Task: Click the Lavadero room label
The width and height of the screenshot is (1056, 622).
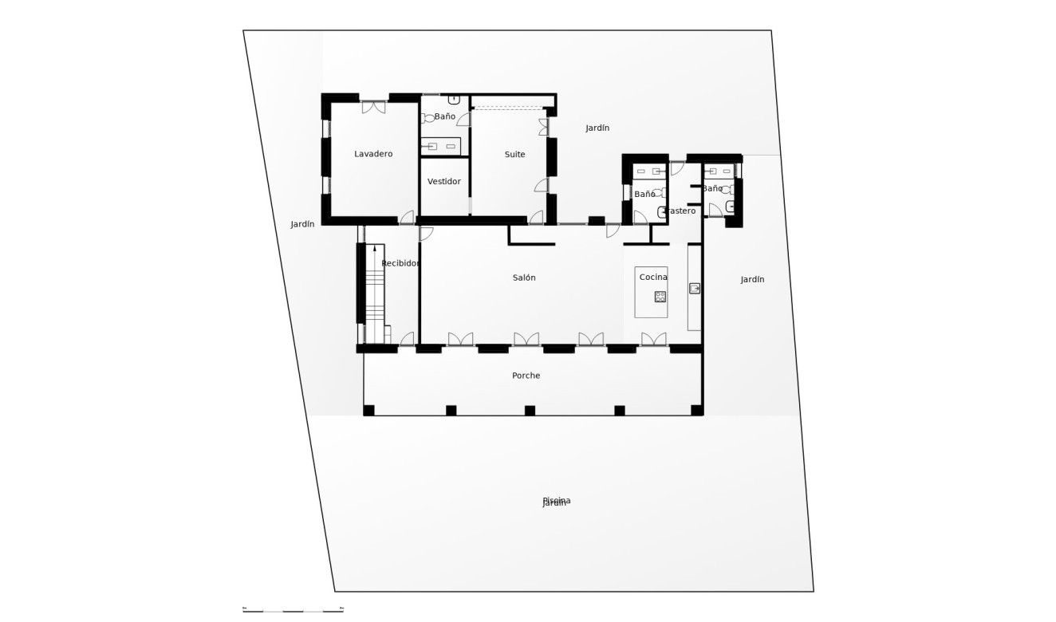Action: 373,154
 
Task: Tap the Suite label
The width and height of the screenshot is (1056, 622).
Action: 514,155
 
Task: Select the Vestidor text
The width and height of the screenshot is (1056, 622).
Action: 443,182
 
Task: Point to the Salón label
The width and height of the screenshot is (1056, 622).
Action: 524,278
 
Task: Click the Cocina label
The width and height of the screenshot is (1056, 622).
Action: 653,277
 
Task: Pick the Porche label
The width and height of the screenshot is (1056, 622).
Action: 526,376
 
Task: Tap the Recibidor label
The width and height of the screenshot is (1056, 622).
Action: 400,263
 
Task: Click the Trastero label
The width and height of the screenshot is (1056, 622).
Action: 680,211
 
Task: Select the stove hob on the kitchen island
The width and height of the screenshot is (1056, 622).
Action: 660,297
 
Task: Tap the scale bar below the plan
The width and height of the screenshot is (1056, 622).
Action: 293,610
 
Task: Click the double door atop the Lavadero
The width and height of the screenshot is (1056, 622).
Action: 373,106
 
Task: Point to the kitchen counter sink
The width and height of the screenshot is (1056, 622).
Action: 695,289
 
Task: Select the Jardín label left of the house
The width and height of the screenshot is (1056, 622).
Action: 302,225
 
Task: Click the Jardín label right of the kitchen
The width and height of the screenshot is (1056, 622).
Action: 752,280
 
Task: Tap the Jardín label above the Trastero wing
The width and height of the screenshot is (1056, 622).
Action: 597,128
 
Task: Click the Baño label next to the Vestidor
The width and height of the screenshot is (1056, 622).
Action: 444,116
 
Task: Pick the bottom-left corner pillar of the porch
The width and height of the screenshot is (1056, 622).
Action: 368,411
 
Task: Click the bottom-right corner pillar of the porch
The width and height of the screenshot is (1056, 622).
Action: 697,411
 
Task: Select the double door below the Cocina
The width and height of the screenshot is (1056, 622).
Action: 653,340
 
